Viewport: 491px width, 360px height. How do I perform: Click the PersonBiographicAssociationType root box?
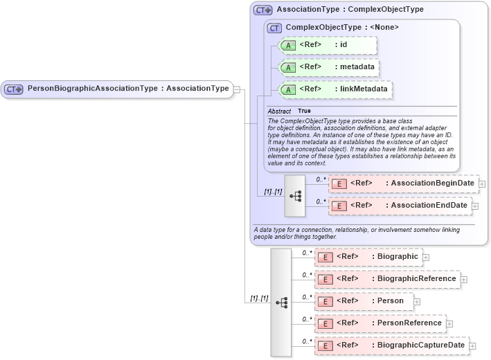pyautogui.click(x=117, y=89)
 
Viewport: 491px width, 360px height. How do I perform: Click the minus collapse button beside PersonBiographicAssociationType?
pyautogui.click(x=237, y=89)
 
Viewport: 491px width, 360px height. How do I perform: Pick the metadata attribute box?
pyautogui.click(x=327, y=67)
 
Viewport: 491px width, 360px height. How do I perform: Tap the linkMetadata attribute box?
pyautogui.click(x=334, y=89)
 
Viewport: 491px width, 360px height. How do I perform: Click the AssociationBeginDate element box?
pyautogui.click(x=403, y=183)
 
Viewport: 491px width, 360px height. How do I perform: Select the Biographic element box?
pyautogui.click(x=368, y=257)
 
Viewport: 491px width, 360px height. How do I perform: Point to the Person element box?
pyautogui.click(x=364, y=301)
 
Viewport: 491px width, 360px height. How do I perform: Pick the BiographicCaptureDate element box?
pyautogui.click(x=391, y=345)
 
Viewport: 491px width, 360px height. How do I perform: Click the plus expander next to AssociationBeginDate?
pyautogui.click(x=482, y=184)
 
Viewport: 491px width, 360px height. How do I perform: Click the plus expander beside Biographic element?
pyautogui.click(x=426, y=257)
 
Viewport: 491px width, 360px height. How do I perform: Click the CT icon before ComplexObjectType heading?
pyautogui.click(x=275, y=28)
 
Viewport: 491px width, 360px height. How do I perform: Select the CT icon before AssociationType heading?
pyautogui.click(x=262, y=10)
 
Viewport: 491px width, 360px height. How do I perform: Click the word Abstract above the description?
pyautogui.click(x=279, y=111)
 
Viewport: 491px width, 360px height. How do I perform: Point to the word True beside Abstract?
pyautogui.click(x=304, y=111)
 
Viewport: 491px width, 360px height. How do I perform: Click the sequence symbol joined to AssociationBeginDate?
pyautogui.click(x=295, y=195)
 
